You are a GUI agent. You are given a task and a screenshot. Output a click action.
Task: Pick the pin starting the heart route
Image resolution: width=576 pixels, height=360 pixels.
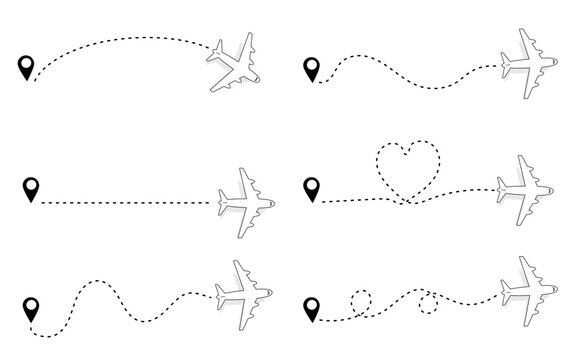[x=313, y=186]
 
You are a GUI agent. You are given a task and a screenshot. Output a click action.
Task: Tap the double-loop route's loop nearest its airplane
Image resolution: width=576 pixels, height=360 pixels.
[x=429, y=303]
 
